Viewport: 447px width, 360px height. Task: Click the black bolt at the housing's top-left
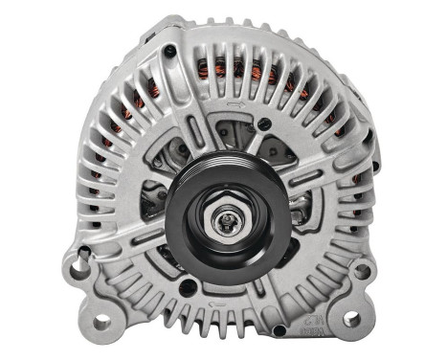[x=169, y=50]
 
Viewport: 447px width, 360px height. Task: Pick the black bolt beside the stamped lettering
[x=278, y=330]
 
